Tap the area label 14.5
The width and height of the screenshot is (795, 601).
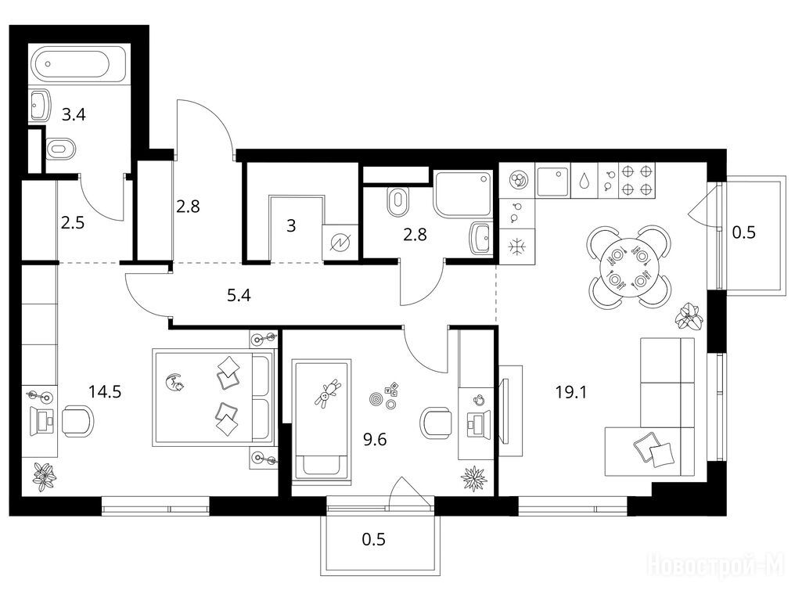[x=104, y=391]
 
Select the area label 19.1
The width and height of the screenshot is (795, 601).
[x=570, y=391]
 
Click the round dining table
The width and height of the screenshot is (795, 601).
[x=629, y=266]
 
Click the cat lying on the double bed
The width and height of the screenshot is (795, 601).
[x=175, y=381]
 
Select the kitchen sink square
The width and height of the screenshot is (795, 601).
[x=552, y=181]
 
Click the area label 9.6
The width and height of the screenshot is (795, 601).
[x=375, y=439]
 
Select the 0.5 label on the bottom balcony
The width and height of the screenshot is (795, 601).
[x=374, y=539]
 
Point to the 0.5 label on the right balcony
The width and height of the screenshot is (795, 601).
[x=744, y=232]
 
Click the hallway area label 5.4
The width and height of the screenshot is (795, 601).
[x=239, y=295]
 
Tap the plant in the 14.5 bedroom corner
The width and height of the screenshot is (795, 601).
[x=45, y=477]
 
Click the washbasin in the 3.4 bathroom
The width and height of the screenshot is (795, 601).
[x=40, y=106]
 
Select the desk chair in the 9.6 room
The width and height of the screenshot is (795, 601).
[x=436, y=423]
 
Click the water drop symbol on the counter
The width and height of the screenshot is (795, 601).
[x=585, y=181]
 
